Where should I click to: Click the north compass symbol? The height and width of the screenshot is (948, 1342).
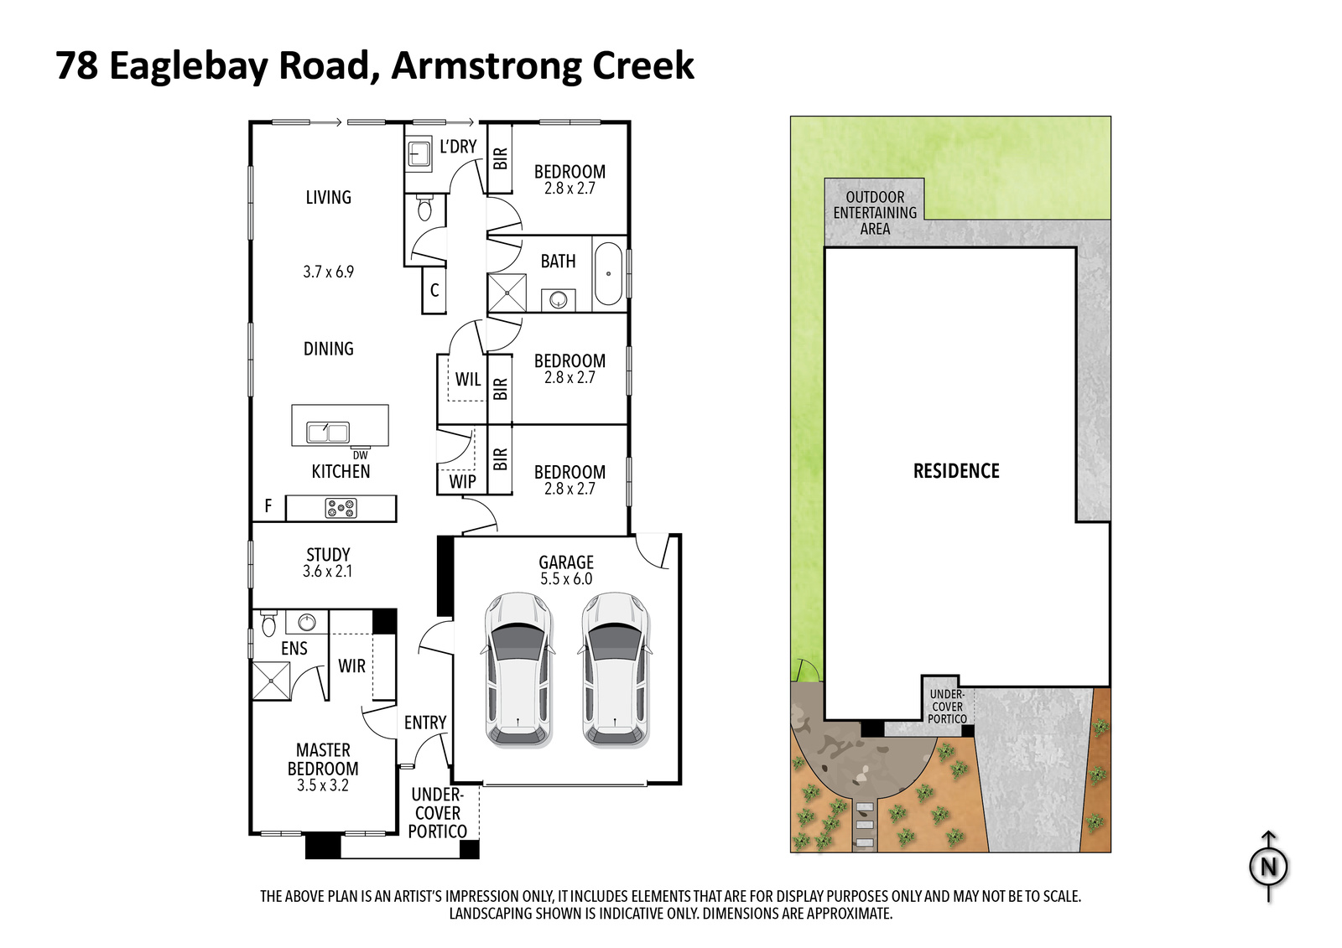coord(1269,866)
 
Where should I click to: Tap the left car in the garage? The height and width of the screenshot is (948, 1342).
coord(518,670)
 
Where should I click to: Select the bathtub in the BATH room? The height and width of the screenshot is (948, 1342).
coord(608,274)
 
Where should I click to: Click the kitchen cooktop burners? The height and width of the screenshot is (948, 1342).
coord(341,508)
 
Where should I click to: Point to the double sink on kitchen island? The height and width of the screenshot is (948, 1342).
coord(328,432)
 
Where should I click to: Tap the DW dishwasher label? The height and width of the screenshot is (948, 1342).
coord(360,455)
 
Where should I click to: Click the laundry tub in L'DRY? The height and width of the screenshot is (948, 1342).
coord(419,154)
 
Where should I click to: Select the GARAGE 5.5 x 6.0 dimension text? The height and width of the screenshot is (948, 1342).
coord(566,578)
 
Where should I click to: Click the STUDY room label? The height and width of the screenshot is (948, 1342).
coord(328,555)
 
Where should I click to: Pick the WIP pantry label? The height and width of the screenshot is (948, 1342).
coord(462,481)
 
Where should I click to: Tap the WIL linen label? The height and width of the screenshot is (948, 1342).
coord(468,379)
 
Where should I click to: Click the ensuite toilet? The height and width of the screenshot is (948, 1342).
coord(268,624)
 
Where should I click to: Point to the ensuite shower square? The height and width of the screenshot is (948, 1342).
coord(272,681)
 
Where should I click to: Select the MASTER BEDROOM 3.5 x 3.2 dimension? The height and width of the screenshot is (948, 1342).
coord(323,785)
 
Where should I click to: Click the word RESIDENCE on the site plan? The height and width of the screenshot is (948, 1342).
coord(956,471)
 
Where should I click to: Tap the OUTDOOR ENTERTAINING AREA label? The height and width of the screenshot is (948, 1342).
coord(875,213)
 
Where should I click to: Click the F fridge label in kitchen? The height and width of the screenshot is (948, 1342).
coord(268,506)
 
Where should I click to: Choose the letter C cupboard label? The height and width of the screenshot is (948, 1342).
coord(434,291)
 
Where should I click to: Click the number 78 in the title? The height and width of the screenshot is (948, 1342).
coord(76,65)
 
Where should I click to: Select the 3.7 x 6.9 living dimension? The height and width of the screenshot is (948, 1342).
coord(328,272)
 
